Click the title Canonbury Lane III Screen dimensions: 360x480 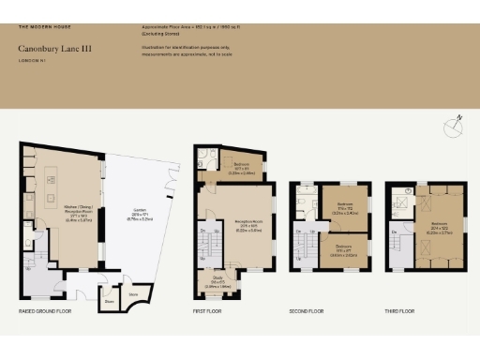coord(54,48)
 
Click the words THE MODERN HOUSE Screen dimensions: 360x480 coord(45,28)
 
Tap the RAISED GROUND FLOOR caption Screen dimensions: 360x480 coord(46,309)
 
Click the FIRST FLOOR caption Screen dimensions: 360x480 coord(208,309)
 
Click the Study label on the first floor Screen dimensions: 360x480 coord(217,282)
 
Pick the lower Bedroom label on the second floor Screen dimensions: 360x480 coord(343,251)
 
